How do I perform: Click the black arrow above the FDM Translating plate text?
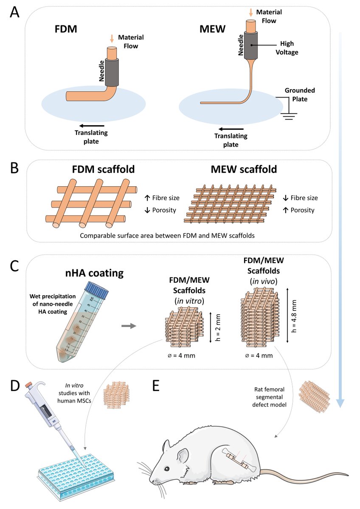(92, 126)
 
